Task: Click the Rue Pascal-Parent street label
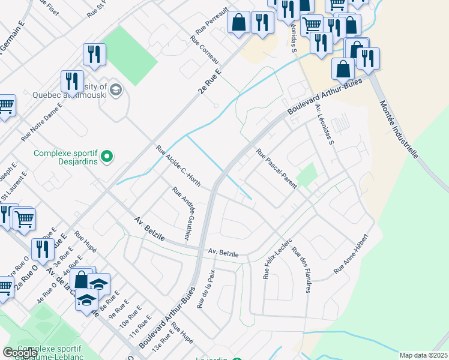coord(277,169)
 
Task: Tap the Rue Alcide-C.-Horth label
coord(178,166)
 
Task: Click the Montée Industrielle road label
coord(399,129)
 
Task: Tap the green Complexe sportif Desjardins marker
coord(107,158)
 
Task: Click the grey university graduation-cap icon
coord(116,91)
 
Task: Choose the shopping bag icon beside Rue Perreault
coord(239,22)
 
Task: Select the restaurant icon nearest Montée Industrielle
coord(367,58)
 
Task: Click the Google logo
coord(20,353)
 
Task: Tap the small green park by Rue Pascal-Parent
coord(307,175)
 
